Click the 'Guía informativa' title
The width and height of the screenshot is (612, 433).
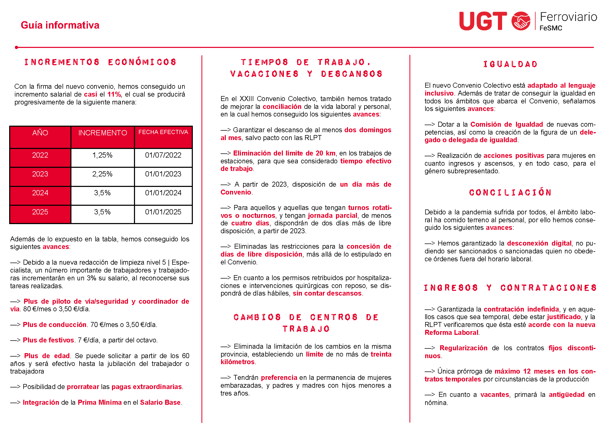(x=60, y=25)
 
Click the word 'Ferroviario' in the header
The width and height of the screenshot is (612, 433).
(x=568, y=17)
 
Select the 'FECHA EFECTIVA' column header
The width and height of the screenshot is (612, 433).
(x=163, y=132)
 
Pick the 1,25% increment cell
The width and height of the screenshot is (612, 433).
(x=102, y=155)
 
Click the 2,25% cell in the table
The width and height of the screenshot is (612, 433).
(x=102, y=174)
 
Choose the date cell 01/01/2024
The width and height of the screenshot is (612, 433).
(x=163, y=193)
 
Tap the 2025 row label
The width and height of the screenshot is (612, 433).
(x=40, y=212)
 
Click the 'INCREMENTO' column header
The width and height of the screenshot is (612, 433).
(x=102, y=133)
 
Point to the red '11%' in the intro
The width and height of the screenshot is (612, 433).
(x=114, y=95)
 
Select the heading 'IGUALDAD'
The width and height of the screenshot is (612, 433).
(x=510, y=64)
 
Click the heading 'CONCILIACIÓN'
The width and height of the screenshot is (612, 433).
(x=510, y=192)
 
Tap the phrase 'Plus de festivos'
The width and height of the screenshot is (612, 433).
(x=48, y=340)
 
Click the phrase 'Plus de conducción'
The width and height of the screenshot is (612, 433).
(x=54, y=325)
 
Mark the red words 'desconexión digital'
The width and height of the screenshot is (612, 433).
(x=539, y=243)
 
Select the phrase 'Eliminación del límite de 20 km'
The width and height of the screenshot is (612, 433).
(x=284, y=153)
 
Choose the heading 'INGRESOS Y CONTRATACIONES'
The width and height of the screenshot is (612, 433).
(x=510, y=288)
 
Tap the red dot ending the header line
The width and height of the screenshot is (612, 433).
(x=16, y=47)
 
